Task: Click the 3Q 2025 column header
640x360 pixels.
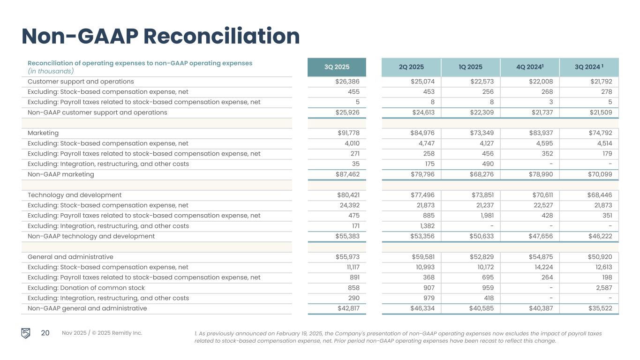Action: [x=337, y=67]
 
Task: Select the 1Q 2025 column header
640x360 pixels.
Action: [x=470, y=67]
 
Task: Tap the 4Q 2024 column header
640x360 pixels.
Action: [x=530, y=67]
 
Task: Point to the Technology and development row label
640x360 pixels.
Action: [x=75, y=195]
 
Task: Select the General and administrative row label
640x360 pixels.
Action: [x=70, y=257]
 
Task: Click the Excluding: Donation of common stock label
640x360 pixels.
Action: [x=86, y=288]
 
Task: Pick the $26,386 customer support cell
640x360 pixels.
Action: [x=347, y=82]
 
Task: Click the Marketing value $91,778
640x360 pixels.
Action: [x=347, y=133]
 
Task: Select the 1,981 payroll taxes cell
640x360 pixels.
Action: [x=485, y=216]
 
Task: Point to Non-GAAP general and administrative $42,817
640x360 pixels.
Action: [x=347, y=308]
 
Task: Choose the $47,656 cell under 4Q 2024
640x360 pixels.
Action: [x=540, y=236]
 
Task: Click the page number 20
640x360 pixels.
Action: [x=45, y=333]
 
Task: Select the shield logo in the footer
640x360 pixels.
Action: [x=26, y=333]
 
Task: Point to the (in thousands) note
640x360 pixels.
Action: [x=51, y=71]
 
